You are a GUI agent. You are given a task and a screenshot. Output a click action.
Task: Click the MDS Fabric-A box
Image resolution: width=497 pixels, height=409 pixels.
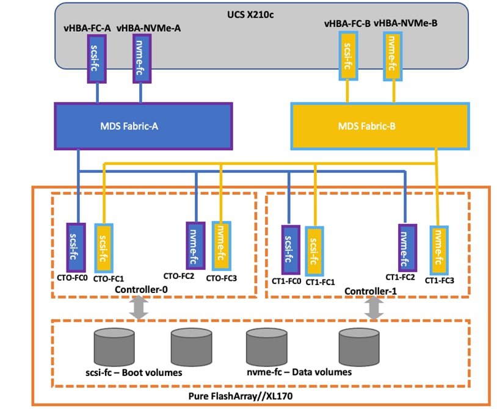pyautogui.click(x=143, y=126)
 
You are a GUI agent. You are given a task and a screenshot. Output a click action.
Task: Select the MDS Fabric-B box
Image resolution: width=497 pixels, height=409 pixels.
pyautogui.click(x=379, y=126)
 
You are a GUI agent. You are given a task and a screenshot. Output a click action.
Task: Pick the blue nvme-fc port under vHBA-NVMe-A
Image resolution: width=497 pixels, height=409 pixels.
pyautogui.click(x=141, y=58)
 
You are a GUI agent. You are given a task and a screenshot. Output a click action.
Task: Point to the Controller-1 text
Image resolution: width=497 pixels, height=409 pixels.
pyautogui.click(x=371, y=291)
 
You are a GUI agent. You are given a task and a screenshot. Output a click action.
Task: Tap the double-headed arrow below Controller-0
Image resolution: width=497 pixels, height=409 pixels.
pyautogui.click(x=139, y=308)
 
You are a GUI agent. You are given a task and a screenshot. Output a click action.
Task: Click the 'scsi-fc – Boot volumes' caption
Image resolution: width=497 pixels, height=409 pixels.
pyautogui.click(x=134, y=372)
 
